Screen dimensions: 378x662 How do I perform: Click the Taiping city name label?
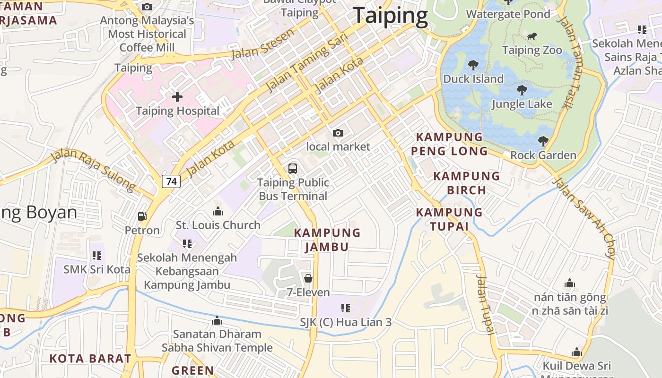click(x=390, y=16)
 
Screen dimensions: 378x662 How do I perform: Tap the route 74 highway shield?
click(x=172, y=181)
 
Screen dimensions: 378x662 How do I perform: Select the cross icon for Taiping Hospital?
click(x=177, y=97)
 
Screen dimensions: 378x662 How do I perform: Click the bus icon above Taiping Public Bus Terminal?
click(x=293, y=169)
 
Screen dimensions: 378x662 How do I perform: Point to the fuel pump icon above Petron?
click(x=142, y=216)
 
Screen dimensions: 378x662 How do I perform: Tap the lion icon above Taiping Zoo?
click(x=532, y=36)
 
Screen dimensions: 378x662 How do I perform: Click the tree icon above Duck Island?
click(x=473, y=65)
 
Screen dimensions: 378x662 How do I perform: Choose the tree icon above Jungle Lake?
click(x=522, y=90)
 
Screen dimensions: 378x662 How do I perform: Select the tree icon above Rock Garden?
click(x=543, y=141)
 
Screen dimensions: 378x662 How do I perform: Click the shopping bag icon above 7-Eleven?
click(x=308, y=278)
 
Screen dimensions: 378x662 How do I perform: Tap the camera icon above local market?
click(x=338, y=133)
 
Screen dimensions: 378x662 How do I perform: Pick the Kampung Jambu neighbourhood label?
click(x=327, y=240)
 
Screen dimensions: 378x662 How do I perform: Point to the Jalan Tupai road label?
click(x=486, y=305)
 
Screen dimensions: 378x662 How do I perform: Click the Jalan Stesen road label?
click(x=263, y=44)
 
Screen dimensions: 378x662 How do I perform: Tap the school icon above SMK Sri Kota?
click(x=97, y=256)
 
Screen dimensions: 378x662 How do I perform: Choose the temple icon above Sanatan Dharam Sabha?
click(x=217, y=321)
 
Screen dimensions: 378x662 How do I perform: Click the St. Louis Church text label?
click(x=218, y=225)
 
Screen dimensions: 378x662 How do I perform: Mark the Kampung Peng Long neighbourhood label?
click(x=449, y=144)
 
